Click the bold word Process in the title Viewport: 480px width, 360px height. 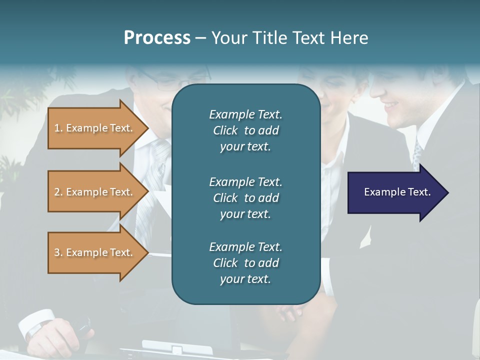[x=157, y=38]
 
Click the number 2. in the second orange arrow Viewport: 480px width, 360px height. [x=58, y=192]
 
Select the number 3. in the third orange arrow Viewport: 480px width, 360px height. [x=58, y=252]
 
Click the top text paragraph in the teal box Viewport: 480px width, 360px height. [x=245, y=130]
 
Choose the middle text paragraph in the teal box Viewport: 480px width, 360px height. [x=245, y=198]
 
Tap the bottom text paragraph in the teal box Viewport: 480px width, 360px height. [x=245, y=263]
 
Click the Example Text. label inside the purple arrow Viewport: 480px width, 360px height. [x=397, y=192]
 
